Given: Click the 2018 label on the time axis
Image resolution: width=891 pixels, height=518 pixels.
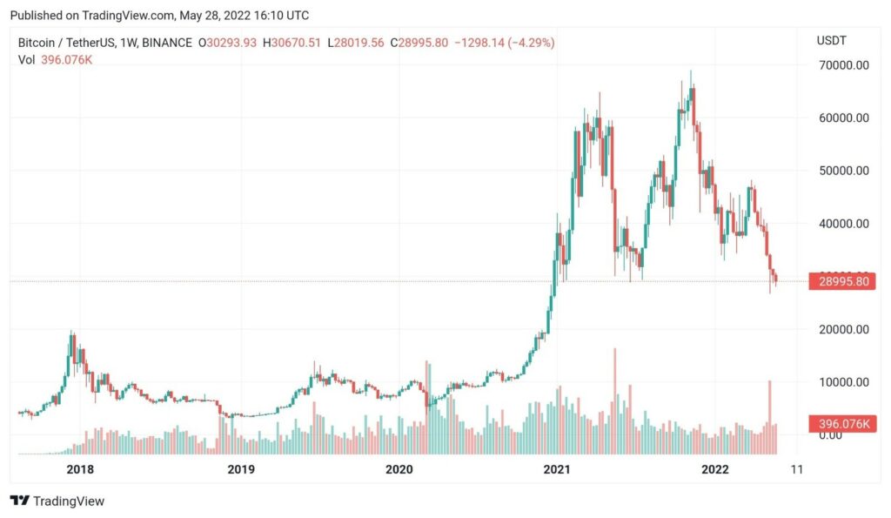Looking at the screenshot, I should (80, 469).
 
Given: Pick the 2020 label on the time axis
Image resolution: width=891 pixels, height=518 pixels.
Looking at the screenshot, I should (399, 469).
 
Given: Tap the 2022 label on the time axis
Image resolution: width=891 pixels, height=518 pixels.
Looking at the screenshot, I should (715, 469).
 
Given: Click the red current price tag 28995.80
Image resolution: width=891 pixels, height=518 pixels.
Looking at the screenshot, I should (841, 281).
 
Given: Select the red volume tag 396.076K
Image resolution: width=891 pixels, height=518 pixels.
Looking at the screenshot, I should (841, 424).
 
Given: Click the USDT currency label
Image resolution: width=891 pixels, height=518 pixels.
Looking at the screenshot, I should (831, 41).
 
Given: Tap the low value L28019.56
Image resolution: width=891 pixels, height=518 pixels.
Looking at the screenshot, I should (362, 42).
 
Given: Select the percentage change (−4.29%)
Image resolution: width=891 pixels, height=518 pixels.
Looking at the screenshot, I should (528, 42).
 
